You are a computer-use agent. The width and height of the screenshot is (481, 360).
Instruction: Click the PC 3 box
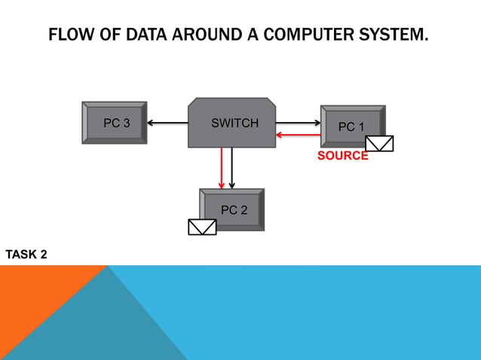point(115,123)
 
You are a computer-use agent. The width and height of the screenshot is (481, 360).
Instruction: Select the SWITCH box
point(231,123)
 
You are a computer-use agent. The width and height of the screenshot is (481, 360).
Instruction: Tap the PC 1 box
point(352,126)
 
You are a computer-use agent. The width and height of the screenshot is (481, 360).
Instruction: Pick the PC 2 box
point(232,209)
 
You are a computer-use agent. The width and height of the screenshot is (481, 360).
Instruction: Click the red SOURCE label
point(342,156)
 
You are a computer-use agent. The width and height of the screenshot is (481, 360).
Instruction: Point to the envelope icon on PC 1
point(379,143)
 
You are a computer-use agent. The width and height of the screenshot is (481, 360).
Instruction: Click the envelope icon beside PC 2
point(202,227)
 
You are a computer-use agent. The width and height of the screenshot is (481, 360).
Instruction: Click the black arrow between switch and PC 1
point(299,122)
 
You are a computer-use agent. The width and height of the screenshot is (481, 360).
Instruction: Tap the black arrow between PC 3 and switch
point(167,123)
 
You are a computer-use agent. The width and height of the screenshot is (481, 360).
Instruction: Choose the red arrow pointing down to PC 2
point(222,168)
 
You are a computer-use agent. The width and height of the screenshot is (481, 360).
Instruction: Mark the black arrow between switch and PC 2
point(232,168)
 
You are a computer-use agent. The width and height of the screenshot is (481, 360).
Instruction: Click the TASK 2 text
point(26,255)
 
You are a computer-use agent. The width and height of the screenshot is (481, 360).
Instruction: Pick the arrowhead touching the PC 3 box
point(151,123)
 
